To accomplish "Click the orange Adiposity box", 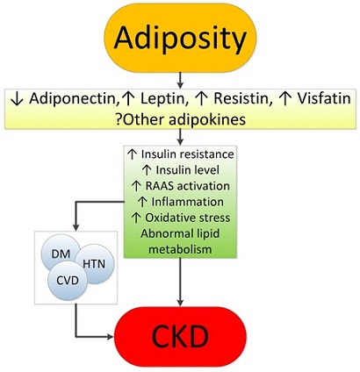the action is pos(180,38).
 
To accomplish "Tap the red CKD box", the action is pos(181,336).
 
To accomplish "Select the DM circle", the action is pos(61,253).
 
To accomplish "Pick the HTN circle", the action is pos(94,264).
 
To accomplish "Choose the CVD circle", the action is pos(68,281).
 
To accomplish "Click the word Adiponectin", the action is pos(71,99).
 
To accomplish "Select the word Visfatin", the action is pos(324,99).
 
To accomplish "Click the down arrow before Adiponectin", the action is pos(17,99).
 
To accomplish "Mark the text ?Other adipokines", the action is pos(180,119).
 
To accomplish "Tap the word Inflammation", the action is pos(187,202).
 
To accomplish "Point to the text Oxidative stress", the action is pos(187,218).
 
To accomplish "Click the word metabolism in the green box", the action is pos(180,249).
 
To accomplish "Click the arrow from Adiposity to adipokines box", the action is pos(180,80).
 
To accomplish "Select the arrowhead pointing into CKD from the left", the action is pos(111,337).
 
